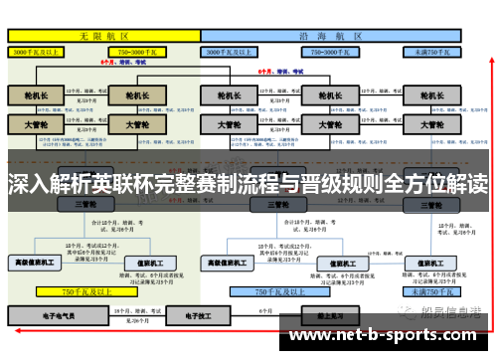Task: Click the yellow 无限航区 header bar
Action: [x=103, y=34]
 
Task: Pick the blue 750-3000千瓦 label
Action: [x=334, y=50]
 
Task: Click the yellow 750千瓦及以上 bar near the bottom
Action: [x=85, y=292]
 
